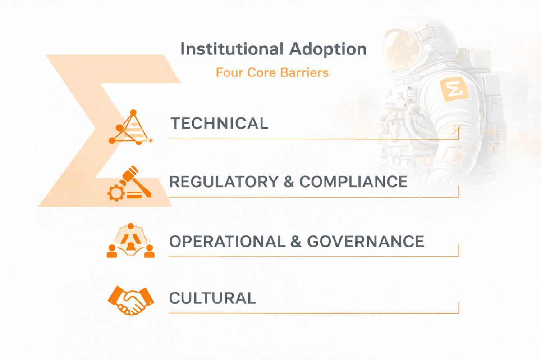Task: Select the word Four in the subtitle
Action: click(x=227, y=72)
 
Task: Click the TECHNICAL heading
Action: click(x=219, y=123)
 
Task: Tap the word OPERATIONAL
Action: click(x=227, y=241)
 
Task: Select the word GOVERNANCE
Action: click(x=366, y=241)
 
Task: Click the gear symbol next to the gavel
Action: click(x=115, y=193)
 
